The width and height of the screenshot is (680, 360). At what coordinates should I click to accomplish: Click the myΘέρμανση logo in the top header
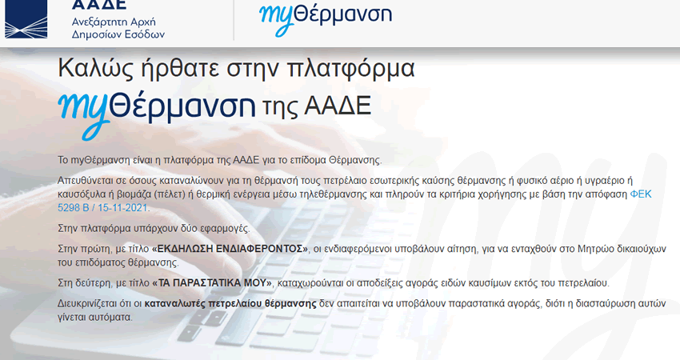click(325, 14)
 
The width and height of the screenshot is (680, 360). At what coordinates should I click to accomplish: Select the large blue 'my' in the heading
click(82, 106)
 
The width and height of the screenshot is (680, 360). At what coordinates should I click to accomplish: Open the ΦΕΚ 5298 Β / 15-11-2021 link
click(104, 208)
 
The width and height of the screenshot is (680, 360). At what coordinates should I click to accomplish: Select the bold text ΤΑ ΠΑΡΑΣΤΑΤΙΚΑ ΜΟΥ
click(213, 284)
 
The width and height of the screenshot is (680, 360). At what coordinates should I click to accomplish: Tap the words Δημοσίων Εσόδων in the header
click(118, 35)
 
